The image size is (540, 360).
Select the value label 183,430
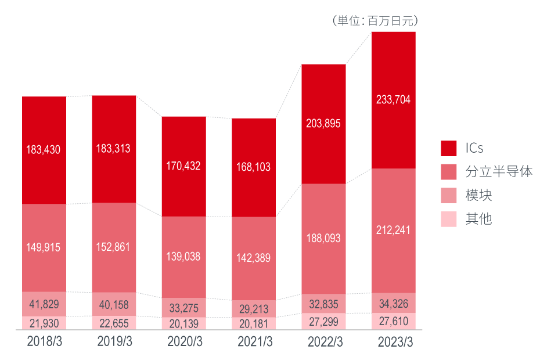[44, 150]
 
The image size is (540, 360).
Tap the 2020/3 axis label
[184, 342]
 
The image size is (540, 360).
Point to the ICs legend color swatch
[448, 148]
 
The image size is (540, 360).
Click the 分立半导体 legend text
[499, 172]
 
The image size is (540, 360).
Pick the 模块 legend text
[478, 196]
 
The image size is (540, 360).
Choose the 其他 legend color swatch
[448, 219]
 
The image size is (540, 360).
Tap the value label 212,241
[393, 230]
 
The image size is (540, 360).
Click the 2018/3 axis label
[44, 342]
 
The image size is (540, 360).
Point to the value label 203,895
[323, 124]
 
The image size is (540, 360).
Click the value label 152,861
[113, 247]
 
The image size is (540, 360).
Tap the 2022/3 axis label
[324, 342]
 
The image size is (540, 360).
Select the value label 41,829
[44, 304]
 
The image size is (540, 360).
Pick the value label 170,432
[183, 166]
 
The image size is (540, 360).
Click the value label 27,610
[393, 322]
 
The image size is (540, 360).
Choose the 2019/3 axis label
[114, 342]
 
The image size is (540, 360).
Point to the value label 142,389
[254, 258]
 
